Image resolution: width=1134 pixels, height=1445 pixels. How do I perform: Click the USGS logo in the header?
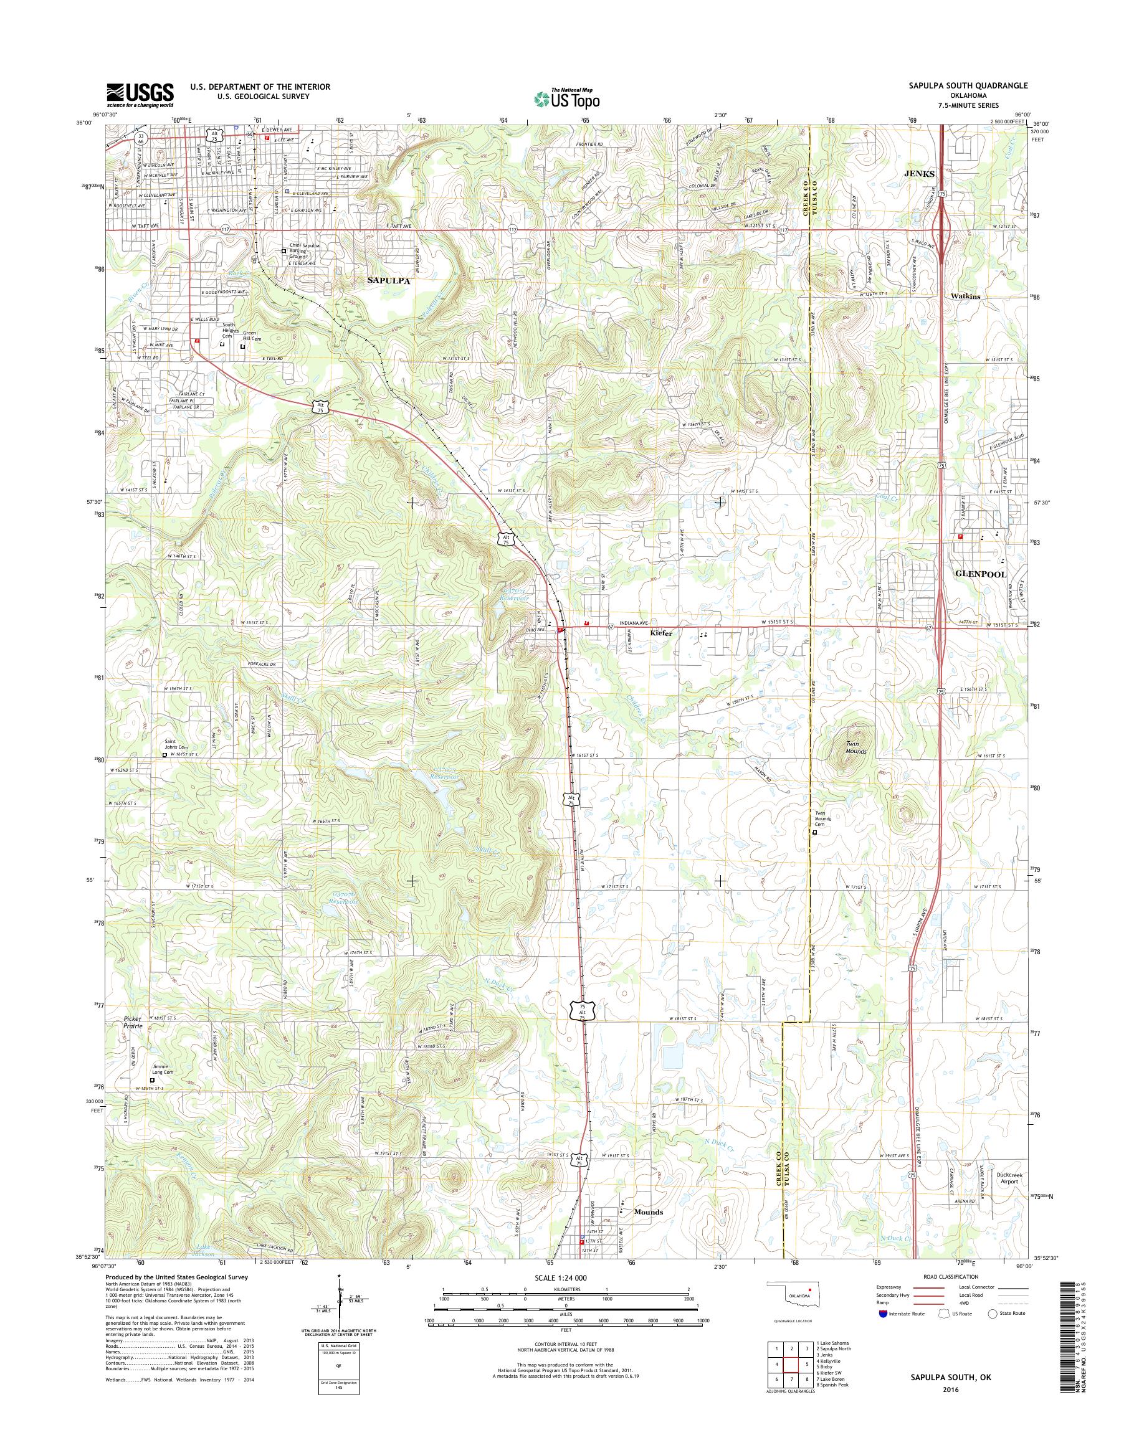pos(140,95)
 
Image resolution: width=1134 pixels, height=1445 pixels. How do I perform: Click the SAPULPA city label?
pos(389,281)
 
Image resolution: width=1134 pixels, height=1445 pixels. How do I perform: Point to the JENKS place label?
pos(919,173)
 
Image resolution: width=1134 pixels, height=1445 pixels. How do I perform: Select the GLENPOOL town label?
pos(981,574)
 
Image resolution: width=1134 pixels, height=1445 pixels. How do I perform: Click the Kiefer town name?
pos(661,633)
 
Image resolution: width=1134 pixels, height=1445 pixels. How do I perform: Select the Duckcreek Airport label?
pos(1013,1178)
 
